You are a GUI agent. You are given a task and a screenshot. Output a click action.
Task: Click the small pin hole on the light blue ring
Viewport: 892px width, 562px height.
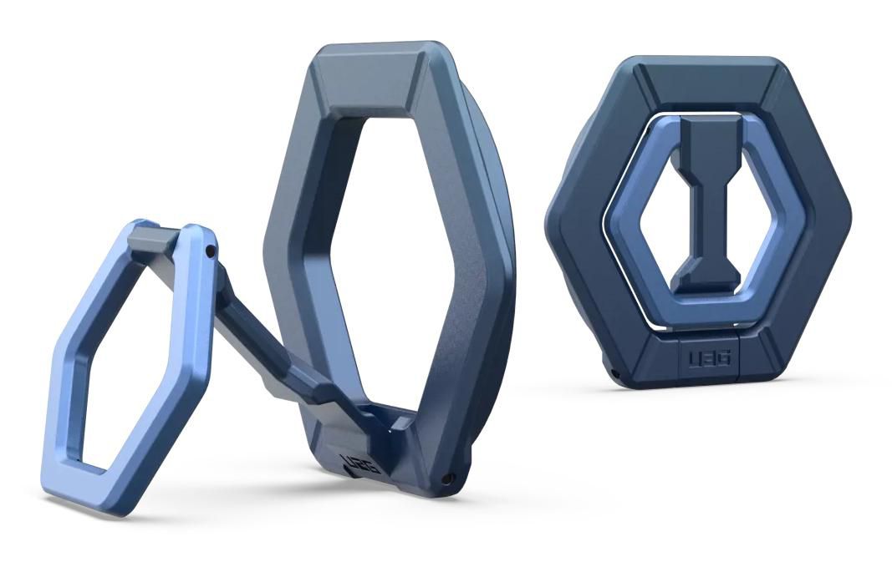click(x=212, y=250)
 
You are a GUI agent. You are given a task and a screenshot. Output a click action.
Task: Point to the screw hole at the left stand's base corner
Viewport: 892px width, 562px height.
click(x=450, y=478)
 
